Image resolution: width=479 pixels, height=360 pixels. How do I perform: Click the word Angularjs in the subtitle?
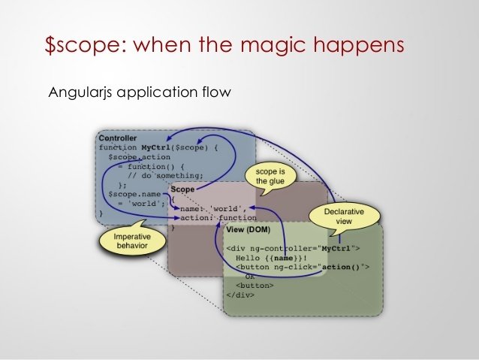tap(79, 94)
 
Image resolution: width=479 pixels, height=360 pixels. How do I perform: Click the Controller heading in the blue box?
tap(118, 139)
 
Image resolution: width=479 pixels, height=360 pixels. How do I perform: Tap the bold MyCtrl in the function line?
tap(159, 148)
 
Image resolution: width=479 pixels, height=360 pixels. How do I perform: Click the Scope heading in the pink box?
tap(182, 190)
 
